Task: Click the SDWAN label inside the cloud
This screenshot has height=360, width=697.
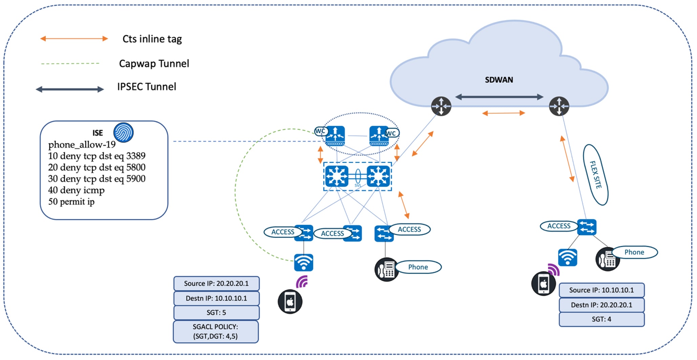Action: pos(499,80)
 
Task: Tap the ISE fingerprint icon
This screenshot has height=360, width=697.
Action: pos(123,132)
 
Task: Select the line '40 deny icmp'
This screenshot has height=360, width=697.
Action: pos(76,190)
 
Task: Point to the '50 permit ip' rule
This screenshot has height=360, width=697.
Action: pos(71,202)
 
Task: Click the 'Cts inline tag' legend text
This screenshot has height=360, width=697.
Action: pos(152,39)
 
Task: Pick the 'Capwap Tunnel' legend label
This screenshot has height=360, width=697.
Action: pos(154,64)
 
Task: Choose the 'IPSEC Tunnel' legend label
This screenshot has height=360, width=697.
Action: pos(147,87)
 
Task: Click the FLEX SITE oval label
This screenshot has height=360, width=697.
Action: pos(595,175)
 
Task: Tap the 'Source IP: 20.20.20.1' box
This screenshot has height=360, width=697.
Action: pos(216,283)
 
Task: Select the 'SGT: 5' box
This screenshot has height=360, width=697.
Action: pos(216,313)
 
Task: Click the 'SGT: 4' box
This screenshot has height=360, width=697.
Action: pos(601,319)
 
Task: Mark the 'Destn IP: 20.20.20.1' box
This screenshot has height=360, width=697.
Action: pos(601,305)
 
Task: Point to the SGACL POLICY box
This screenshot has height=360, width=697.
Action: pos(216,332)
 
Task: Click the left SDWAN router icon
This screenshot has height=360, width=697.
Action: pos(441,106)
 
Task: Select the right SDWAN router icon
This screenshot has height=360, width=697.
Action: pos(559,106)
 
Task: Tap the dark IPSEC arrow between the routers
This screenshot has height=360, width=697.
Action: pos(499,97)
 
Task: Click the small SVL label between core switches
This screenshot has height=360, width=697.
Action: pos(358,185)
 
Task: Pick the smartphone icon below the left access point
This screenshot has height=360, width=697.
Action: pos(290,301)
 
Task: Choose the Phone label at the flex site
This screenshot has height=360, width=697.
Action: pos(634,252)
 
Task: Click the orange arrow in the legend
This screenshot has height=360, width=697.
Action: pos(74,39)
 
